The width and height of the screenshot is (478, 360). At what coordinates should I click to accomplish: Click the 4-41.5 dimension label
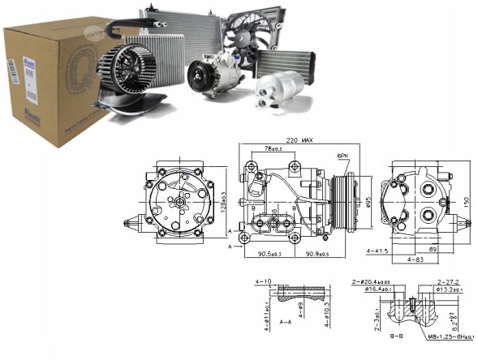[377, 251]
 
